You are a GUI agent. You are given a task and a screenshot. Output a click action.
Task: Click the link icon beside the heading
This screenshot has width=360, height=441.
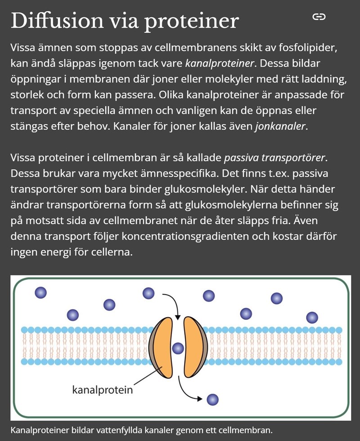[319, 17]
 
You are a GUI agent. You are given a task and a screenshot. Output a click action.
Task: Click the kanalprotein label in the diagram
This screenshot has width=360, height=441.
[103, 389]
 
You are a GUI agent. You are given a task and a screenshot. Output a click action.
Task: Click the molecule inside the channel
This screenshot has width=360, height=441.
[178, 347]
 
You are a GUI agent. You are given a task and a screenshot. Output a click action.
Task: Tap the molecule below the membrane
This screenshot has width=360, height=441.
[212, 399]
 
